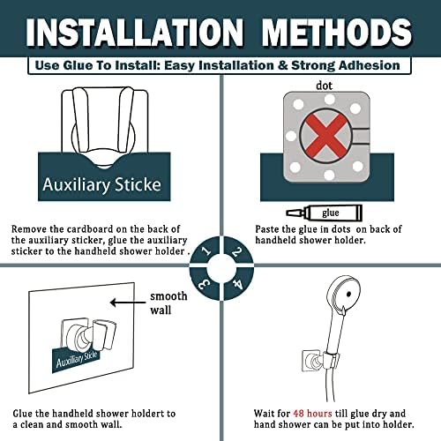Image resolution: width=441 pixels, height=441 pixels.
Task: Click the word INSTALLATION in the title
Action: tap(135, 33)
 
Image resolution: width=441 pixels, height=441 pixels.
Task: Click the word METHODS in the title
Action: tap(337, 33)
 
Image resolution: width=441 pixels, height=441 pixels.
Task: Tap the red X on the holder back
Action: tap(325, 136)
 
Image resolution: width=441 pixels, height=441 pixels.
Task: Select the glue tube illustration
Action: tap(325, 213)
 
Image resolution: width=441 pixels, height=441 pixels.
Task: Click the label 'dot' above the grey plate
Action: tap(324, 86)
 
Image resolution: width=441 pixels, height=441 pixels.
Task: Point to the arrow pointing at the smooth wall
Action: tap(128, 303)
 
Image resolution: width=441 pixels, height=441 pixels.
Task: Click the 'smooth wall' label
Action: tap(168, 303)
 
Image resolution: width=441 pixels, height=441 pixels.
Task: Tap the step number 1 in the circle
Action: tap(207, 250)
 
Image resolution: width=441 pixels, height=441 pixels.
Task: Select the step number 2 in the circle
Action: tap(236, 251)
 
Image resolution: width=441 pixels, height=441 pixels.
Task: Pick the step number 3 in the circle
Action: tap(205, 284)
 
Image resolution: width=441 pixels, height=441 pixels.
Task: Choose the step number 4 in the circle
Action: tap(237, 284)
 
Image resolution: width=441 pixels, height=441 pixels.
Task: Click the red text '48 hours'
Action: tap(312, 414)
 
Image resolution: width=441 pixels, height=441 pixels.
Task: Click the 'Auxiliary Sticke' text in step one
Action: tap(101, 185)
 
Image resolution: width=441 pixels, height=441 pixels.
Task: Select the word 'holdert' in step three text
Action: tap(147, 414)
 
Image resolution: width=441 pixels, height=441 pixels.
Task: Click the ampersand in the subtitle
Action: tap(282, 65)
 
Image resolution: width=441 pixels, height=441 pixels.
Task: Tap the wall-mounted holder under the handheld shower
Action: tap(321, 360)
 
